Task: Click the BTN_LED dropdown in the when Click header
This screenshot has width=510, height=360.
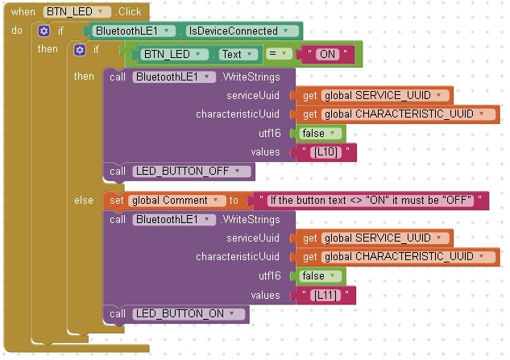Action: click(77, 12)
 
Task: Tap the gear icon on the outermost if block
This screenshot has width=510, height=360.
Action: click(44, 31)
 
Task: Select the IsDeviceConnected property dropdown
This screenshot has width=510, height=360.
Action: click(243, 31)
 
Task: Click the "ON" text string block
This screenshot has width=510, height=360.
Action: click(326, 55)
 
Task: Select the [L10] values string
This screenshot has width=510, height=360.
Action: click(327, 151)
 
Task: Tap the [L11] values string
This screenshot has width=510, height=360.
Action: click(327, 296)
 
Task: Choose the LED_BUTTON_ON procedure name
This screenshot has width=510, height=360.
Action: click(189, 314)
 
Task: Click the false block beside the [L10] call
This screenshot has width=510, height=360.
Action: click(321, 133)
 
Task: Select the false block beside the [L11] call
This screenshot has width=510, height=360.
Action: click(321, 276)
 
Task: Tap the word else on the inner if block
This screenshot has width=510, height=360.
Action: click(84, 201)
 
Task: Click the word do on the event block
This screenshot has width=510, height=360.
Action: click(17, 31)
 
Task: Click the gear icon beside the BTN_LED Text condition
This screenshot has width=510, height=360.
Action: click(80, 50)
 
